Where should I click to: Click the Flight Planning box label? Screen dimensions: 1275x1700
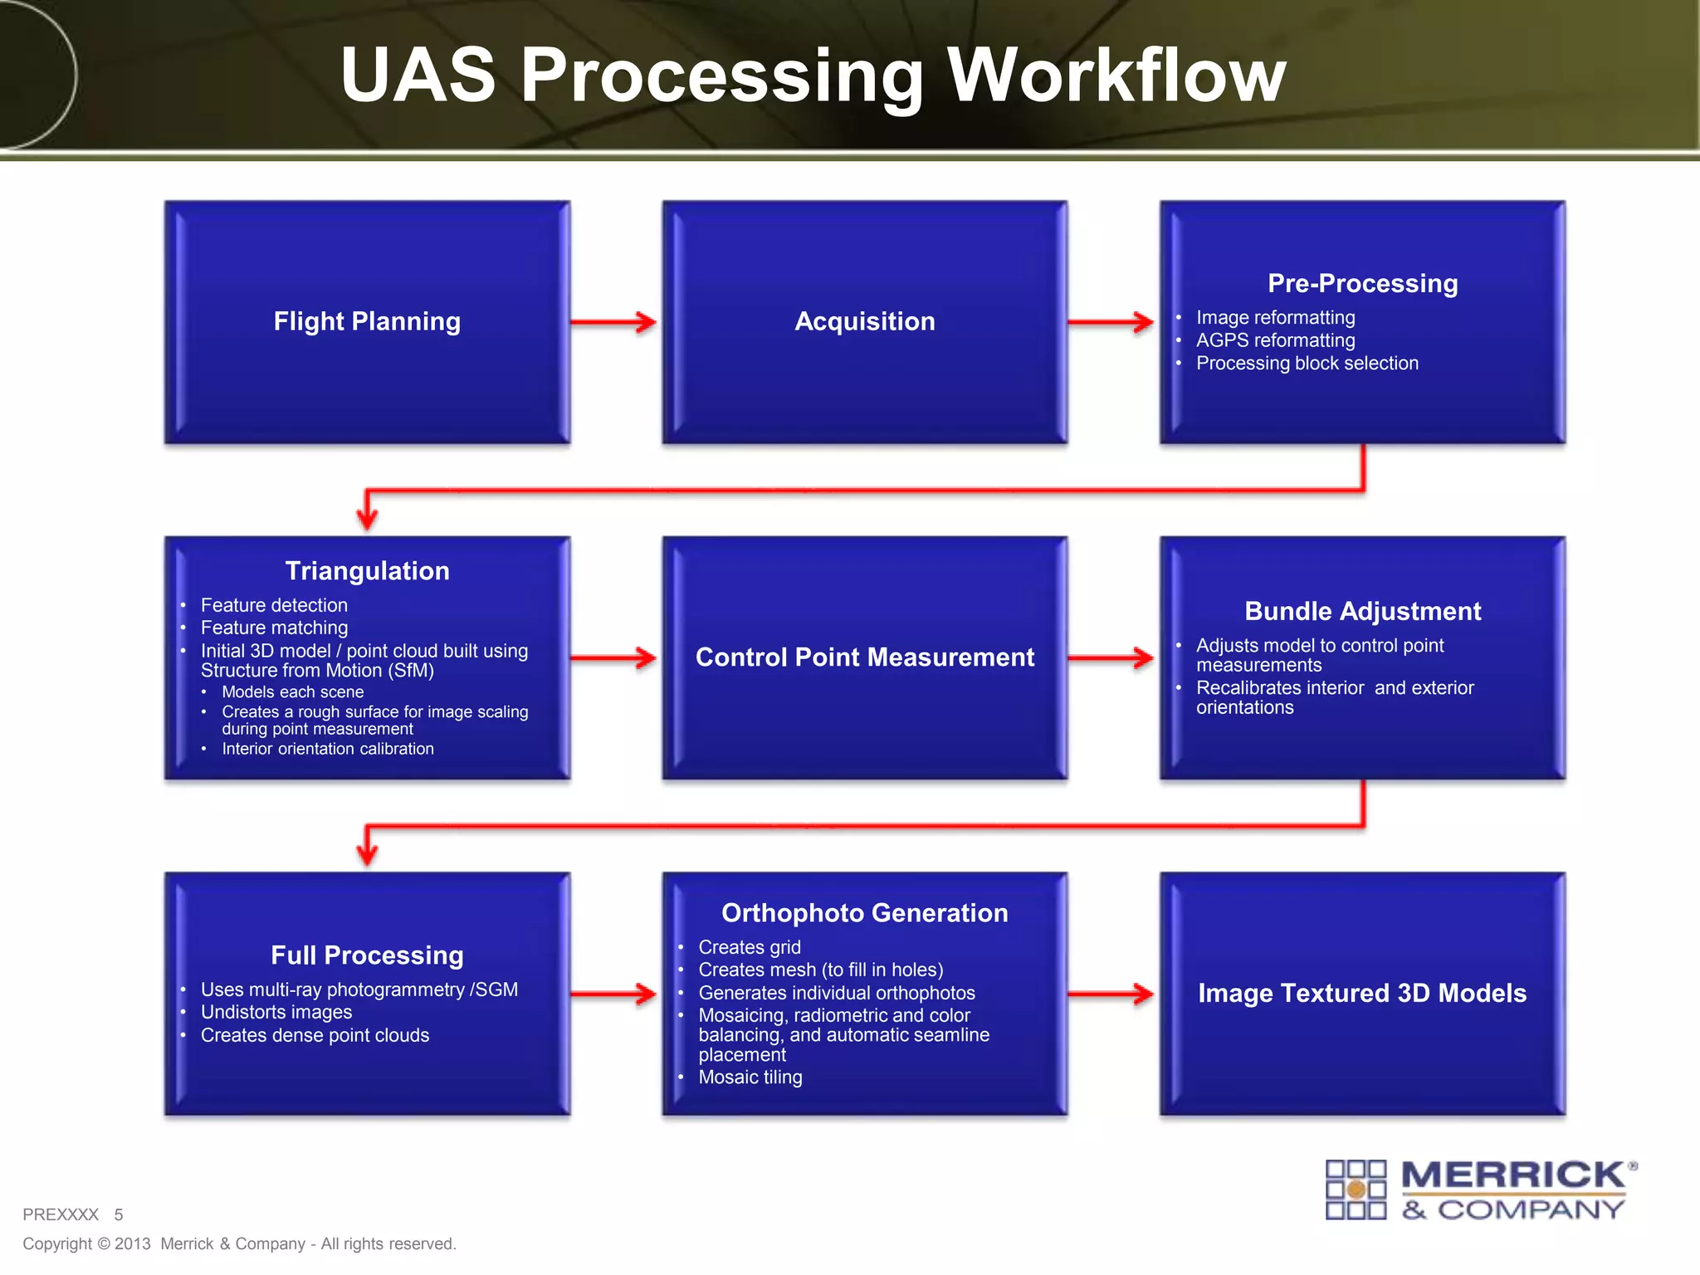tap(367, 321)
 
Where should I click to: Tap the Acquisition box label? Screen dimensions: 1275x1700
tap(864, 321)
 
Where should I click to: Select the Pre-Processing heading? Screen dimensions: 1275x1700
tap(1362, 283)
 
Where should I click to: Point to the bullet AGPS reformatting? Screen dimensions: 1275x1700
tap(1275, 340)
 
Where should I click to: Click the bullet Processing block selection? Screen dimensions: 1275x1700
tap(1307, 364)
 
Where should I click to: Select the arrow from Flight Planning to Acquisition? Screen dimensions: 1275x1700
tap(613, 322)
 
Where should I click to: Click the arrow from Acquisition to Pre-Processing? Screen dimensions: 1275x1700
tap(1110, 322)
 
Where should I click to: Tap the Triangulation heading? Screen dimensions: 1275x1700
tap(367, 571)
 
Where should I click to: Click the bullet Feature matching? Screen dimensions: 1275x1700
tap(274, 628)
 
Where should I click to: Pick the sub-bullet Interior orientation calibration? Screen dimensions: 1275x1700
tap(327, 749)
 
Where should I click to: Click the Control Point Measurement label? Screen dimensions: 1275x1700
tap(864, 657)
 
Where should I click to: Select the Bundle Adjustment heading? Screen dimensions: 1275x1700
tap(1362, 612)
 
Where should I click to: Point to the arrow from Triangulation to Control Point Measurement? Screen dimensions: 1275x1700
tap(613, 658)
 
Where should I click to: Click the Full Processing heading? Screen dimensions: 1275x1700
tap(367, 955)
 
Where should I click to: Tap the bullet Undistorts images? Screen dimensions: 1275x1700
tap(276, 1013)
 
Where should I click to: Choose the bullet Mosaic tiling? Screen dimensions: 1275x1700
tap(750, 1077)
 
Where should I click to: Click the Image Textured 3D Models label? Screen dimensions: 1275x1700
tap(1362, 994)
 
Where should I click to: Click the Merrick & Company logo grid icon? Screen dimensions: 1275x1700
tap(1356, 1190)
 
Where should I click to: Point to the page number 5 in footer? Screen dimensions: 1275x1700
tap(119, 1215)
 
